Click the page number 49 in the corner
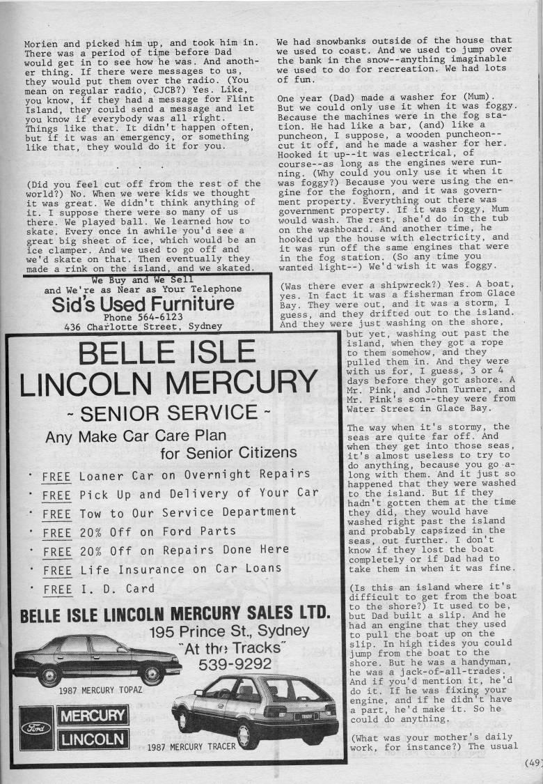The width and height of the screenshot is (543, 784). pyautogui.click(x=534, y=762)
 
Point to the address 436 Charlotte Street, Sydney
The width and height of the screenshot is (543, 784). pyautogui.click(x=142, y=325)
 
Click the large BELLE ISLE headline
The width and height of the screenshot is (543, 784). pyautogui.click(x=167, y=353)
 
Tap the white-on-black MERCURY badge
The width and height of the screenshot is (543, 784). pyautogui.click(x=93, y=716)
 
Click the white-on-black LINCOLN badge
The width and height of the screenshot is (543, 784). pyautogui.click(x=93, y=739)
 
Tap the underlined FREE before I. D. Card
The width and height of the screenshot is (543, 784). pyautogui.click(x=56, y=589)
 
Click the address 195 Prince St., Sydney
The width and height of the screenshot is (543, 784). pyautogui.click(x=229, y=631)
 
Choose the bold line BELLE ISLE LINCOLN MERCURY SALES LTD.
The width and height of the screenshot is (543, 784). pyautogui.click(x=174, y=614)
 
